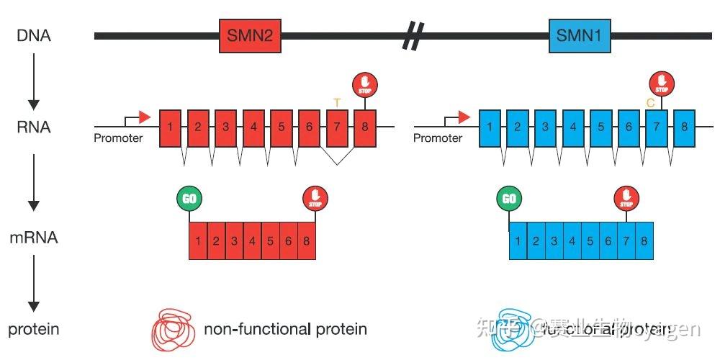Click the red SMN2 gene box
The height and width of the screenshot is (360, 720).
coord(250,35)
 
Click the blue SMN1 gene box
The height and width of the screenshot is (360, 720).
coord(580,35)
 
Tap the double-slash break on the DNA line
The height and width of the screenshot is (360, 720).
coord(413,35)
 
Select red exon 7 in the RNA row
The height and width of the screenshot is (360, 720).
coord(337,127)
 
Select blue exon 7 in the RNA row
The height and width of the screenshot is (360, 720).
coord(656,127)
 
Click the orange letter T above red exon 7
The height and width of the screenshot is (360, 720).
coord(336,103)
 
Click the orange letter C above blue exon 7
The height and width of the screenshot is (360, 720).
coord(650,103)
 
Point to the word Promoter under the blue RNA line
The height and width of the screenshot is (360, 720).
coord(438,138)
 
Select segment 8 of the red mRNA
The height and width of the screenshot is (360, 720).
coord(306,241)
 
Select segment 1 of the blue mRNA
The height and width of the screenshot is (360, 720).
coord(518,241)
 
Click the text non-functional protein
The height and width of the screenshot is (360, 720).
coord(285,330)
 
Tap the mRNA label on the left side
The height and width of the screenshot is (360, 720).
coord(34,237)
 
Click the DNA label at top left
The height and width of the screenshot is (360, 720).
coord(33,35)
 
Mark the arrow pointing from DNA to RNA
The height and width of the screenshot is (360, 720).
coord(34,83)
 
